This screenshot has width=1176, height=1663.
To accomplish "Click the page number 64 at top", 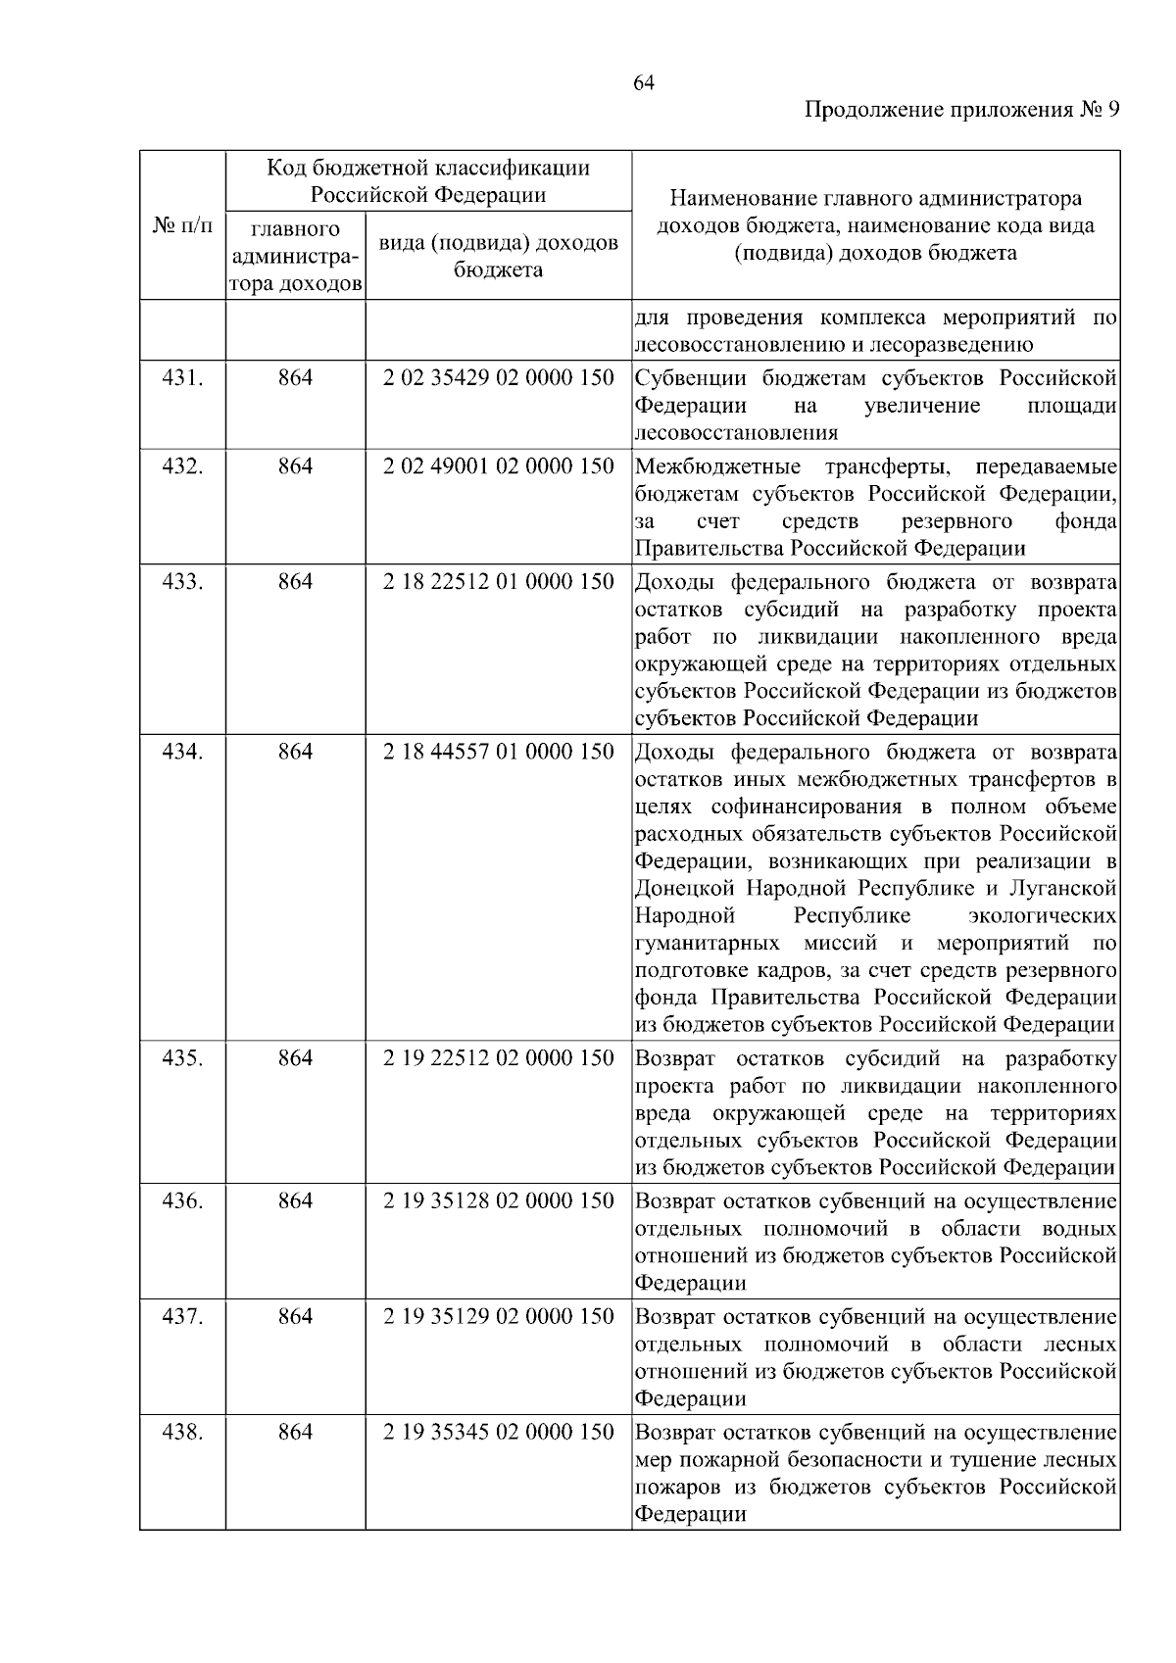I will coord(644,83).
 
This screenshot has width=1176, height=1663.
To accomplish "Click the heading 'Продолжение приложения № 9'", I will coord(961,110).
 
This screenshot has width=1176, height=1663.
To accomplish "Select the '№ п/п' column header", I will coord(182,226).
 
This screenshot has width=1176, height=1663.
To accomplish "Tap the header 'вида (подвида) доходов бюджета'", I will coord(498,255).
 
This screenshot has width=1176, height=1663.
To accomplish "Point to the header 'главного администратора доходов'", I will coord(295,257).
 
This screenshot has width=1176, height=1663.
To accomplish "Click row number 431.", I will coord(182,377).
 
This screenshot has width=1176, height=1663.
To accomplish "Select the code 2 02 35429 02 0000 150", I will coord(498,377).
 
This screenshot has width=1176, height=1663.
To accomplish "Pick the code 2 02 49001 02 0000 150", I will coord(498,465).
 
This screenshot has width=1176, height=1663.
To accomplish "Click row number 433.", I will coord(182,581).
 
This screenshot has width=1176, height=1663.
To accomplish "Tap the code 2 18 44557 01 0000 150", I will coord(498,752).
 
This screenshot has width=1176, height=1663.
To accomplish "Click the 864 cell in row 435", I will coord(295,1058).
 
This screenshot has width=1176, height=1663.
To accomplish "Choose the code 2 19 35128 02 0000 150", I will coord(498,1200).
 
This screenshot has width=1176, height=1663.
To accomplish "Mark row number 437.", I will coord(182,1316).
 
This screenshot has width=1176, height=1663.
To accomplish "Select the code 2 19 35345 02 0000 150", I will coord(498,1432).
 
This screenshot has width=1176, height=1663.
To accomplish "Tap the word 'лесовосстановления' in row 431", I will coord(736,432).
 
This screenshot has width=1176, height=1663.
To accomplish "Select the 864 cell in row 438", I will coord(295,1432).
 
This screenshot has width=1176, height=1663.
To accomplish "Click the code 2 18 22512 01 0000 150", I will coord(498,581).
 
